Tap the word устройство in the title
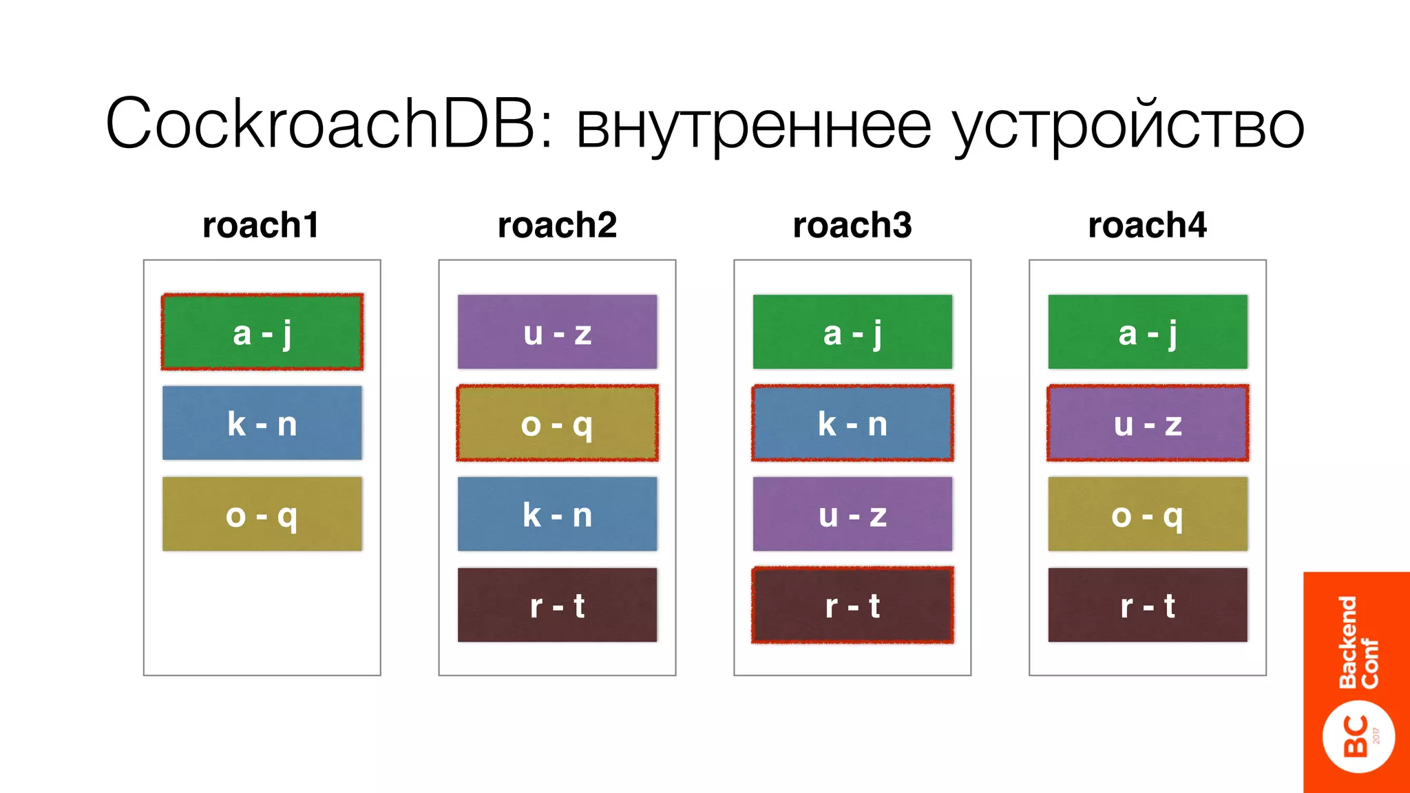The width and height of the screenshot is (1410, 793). tap(1128, 126)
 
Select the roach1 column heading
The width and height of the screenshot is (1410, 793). tap(261, 225)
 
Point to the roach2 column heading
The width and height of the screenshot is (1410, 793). tap(557, 225)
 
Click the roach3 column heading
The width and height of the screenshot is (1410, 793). tap(852, 225)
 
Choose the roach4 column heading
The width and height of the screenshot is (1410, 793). tap(1147, 225)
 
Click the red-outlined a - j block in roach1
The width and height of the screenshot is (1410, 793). tap(262, 332)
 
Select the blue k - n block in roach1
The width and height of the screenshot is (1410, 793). tap(262, 423)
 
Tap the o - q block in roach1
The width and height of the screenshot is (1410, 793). tap(262, 514)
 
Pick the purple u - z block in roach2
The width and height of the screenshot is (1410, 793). tap(557, 332)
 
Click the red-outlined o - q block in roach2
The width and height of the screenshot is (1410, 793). tap(557, 423)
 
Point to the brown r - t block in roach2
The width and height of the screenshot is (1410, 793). tap(557, 605)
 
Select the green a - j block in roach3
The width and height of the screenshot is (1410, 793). tap(852, 332)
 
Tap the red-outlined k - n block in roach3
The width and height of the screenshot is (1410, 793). tap(852, 423)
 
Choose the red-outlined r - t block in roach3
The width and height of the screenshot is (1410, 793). tap(852, 605)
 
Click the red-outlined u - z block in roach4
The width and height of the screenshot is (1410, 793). tap(1148, 423)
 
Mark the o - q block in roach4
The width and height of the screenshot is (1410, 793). tap(1148, 514)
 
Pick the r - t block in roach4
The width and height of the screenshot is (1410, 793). tap(1148, 605)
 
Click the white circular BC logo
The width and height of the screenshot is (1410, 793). tap(1358, 737)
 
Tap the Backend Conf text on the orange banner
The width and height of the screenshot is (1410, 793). tap(1358, 642)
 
